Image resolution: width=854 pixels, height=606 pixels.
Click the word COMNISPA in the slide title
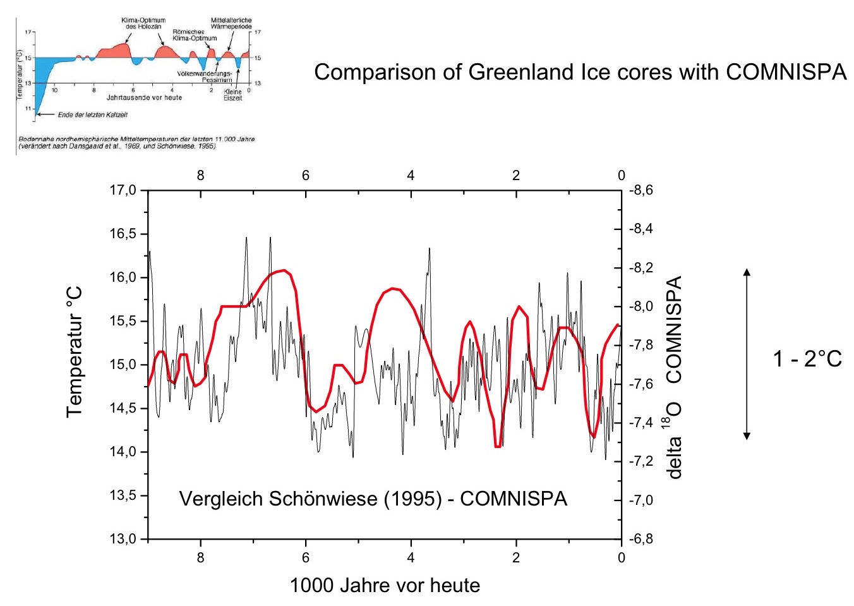786,72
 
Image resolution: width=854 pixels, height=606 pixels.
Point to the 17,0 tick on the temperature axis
123,190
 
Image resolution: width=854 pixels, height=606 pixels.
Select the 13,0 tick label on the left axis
123,539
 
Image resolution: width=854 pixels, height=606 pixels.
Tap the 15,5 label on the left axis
123,321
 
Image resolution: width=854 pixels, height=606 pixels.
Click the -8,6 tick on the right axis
641,190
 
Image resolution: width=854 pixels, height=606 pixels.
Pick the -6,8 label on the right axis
641,539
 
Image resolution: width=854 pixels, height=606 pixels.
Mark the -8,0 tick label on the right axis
641,306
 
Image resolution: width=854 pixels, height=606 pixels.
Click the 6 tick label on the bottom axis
306,557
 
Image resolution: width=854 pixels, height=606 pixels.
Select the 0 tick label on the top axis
622,176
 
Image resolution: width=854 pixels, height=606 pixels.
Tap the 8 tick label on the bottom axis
201,557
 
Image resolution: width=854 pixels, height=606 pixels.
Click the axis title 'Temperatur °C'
75,352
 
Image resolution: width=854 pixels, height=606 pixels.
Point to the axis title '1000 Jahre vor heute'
385,585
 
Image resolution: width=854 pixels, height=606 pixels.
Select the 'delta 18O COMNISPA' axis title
674,377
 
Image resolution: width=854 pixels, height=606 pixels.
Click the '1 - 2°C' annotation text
807,359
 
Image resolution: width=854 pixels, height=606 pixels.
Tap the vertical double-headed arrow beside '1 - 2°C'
747,354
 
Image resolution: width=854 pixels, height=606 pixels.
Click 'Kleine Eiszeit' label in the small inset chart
232,95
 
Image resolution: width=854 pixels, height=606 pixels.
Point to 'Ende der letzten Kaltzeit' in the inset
92,115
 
